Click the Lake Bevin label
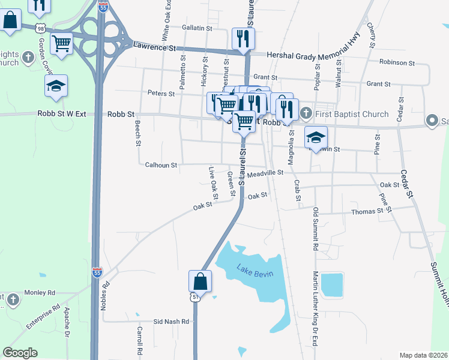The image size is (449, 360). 255,271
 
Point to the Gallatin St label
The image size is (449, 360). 197,28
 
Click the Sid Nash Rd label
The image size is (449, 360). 171,322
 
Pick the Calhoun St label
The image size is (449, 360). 161,164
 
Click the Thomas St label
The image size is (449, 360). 367,211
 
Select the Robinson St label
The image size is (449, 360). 397,62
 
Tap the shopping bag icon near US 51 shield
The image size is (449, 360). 200,280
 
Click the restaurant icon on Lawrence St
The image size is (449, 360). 243,38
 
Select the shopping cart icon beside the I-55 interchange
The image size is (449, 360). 61,43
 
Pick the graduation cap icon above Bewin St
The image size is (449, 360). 316,137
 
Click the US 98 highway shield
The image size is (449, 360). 40,28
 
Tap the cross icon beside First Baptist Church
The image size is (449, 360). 306,112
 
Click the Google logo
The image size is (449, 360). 20,353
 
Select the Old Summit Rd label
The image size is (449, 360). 315,229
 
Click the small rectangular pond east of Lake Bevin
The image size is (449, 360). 332,284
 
